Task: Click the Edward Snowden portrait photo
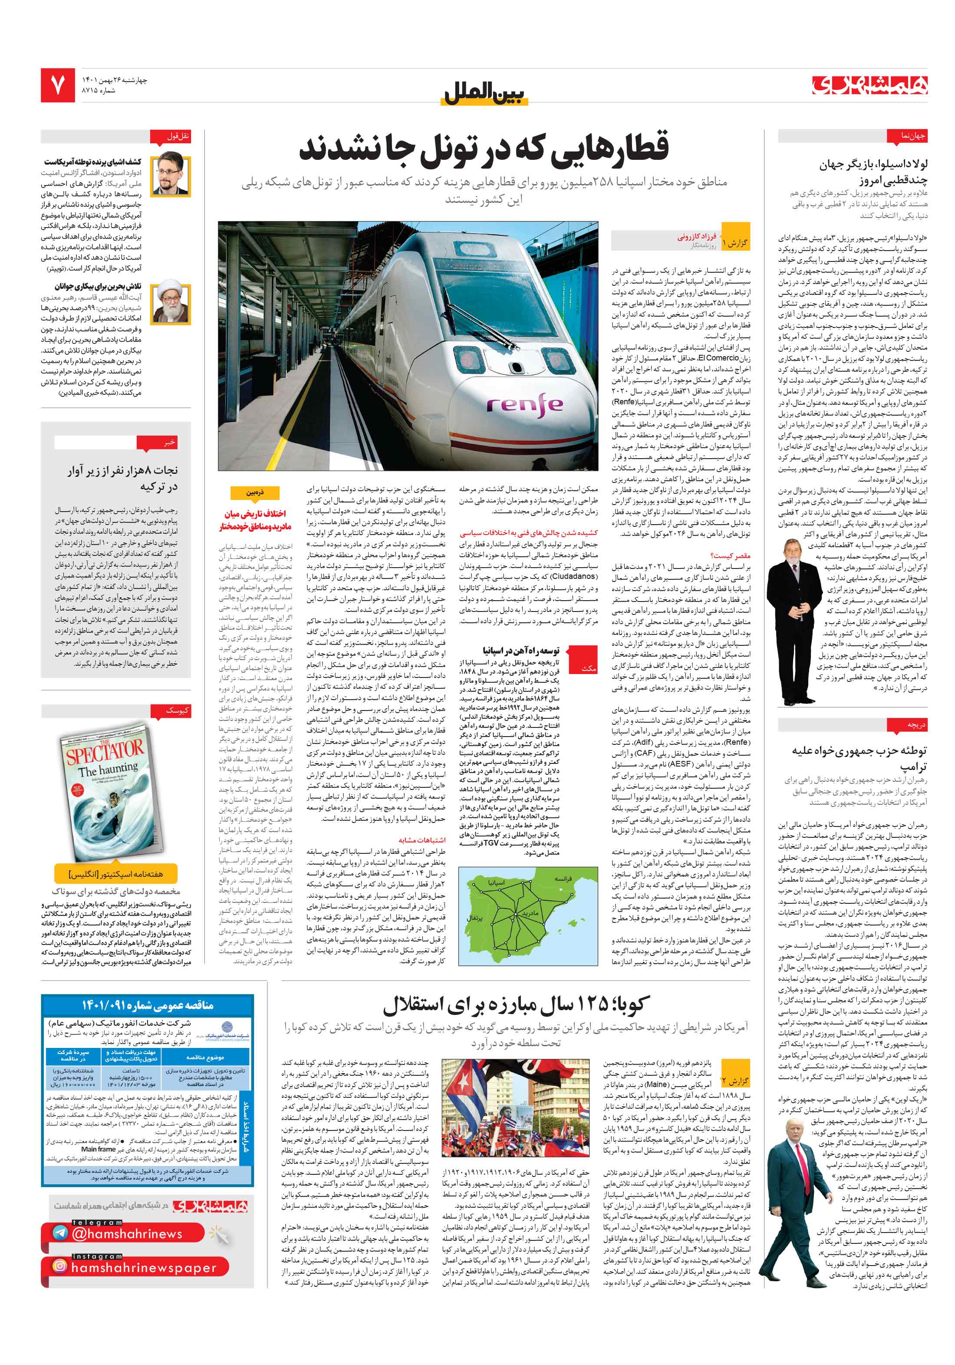coord(171,174)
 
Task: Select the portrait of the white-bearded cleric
coord(171,303)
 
